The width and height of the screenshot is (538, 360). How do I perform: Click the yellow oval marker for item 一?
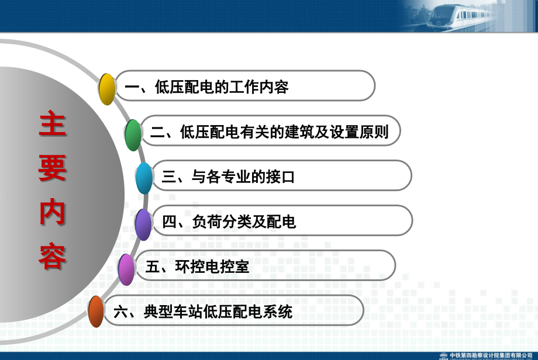pyautogui.click(x=107, y=89)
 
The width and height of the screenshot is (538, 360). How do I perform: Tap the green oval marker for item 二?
pyautogui.click(x=133, y=135)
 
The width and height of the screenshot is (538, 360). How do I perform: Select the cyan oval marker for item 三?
pyautogui.click(x=144, y=178)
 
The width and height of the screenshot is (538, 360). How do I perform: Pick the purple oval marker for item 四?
pyautogui.click(x=143, y=224)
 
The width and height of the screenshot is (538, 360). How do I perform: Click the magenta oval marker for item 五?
pyautogui.click(x=126, y=269)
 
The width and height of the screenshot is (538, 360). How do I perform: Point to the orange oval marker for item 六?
pyautogui.click(x=96, y=312)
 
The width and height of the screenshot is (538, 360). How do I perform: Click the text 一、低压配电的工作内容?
pyautogui.click(x=206, y=88)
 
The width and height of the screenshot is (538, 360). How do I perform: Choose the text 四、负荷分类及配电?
pyautogui.click(x=229, y=222)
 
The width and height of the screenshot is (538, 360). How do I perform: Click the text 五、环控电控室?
pyautogui.click(x=197, y=267)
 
